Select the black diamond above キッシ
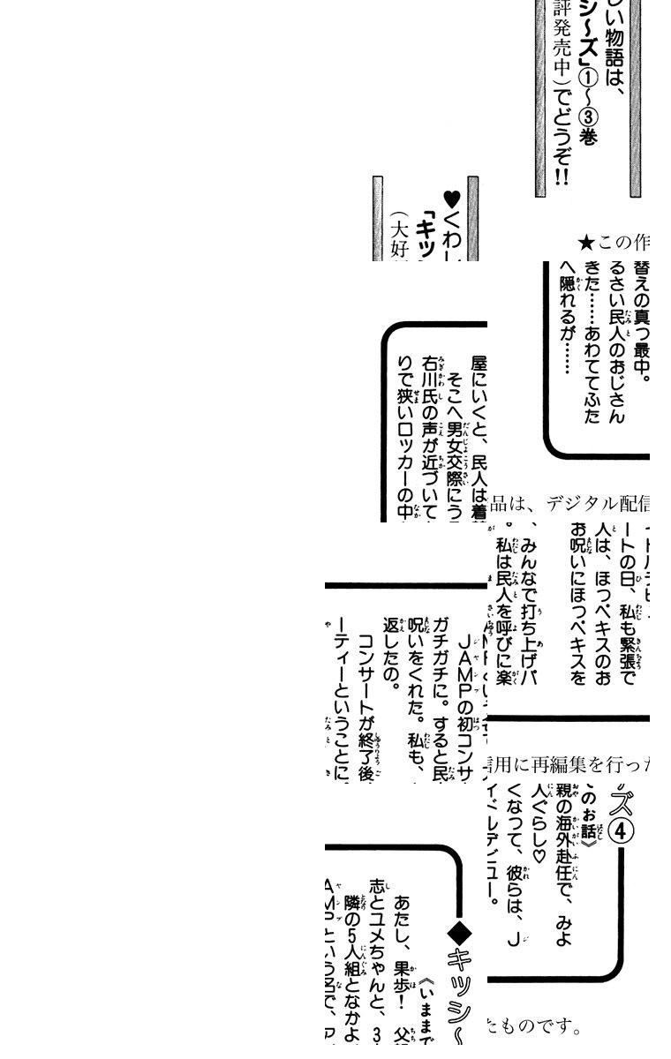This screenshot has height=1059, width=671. (x=460, y=931)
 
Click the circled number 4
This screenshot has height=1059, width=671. (x=622, y=831)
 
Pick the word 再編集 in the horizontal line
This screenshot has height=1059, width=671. (x=553, y=765)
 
